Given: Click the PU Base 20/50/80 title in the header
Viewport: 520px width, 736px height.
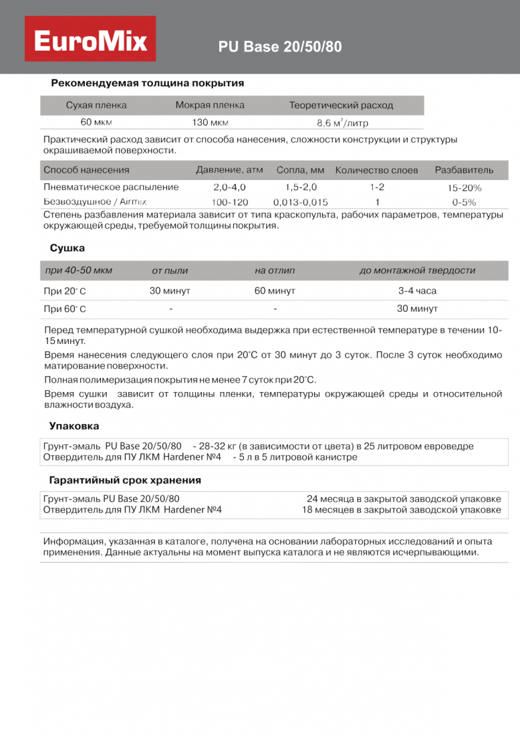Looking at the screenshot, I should (280, 48).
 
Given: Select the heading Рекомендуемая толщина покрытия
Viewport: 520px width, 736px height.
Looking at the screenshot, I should (147, 84).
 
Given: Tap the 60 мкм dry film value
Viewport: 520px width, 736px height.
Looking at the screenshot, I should (96, 122).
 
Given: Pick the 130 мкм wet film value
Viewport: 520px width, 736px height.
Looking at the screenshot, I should (210, 122).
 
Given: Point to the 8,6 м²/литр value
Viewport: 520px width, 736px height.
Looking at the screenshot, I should (342, 123).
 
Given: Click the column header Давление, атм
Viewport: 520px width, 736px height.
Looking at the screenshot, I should (229, 170).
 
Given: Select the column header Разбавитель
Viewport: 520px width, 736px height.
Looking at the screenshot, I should (464, 170).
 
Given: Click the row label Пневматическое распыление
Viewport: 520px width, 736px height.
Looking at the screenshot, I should (111, 187).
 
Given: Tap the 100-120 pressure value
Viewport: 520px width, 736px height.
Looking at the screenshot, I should (229, 201).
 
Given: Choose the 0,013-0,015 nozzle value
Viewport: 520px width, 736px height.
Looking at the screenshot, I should (300, 201).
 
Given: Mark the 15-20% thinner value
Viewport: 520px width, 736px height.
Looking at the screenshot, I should (464, 188).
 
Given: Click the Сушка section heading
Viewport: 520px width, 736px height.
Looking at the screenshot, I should (67, 248).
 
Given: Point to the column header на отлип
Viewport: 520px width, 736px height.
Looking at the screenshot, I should (275, 270).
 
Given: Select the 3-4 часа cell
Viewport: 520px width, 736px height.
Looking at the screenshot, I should (417, 291).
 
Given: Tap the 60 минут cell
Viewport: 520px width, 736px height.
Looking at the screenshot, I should (275, 291).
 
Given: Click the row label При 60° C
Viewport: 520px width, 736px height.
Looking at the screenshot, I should (65, 309).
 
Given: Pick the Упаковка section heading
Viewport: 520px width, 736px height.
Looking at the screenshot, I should (74, 426).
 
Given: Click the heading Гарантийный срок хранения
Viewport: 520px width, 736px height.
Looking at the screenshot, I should (125, 480).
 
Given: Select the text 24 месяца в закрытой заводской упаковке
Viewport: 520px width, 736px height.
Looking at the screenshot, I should (404, 499).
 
